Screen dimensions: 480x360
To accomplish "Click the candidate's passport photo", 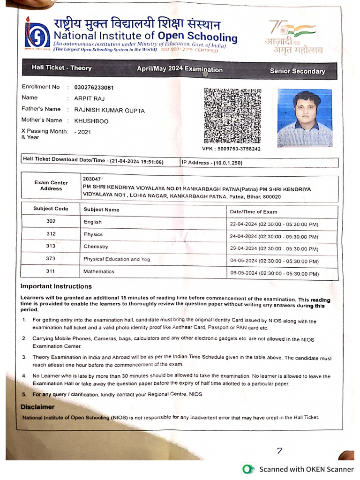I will pyautogui.click(x=304, y=118).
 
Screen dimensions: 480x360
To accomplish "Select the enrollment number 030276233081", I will pyautogui.click(x=94, y=88).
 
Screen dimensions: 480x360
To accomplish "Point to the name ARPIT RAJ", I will pyautogui.click(x=89, y=98).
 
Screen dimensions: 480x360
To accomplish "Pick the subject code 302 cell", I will pyautogui.click(x=51, y=221).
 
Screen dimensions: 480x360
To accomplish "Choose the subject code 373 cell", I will pyautogui.click(x=51, y=258).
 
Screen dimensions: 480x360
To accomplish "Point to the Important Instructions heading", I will pyautogui.click(x=56, y=286).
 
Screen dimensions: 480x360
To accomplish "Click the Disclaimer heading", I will pyautogui.click(x=37, y=407).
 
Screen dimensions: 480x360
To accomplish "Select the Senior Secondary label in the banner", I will pyautogui.click(x=297, y=71).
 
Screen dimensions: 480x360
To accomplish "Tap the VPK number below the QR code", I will pyautogui.click(x=231, y=149).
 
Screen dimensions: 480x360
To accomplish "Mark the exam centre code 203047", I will pyautogui.click(x=91, y=179).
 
